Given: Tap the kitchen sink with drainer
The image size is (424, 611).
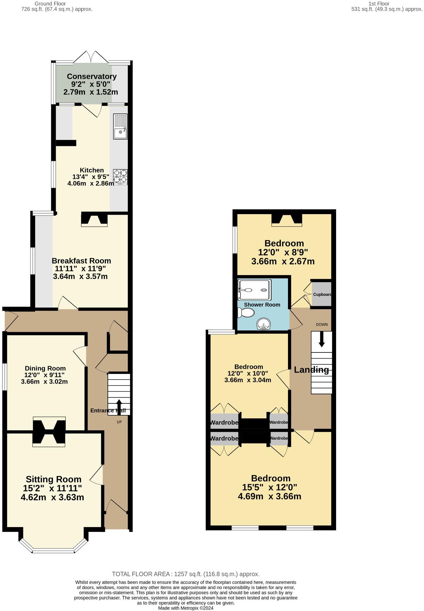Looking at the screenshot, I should click(120, 126).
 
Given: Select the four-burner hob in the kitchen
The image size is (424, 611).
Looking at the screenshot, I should click(120, 177).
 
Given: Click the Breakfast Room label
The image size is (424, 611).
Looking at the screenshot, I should click(81, 261).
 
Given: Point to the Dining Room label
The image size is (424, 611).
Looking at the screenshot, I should click(45, 368).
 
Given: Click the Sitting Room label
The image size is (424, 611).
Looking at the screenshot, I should click(54, 479).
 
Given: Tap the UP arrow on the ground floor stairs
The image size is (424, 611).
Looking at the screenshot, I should click(119, 407).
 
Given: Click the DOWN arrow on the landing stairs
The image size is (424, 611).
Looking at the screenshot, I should click(321, 339).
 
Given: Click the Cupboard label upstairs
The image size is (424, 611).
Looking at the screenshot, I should click(322, 294).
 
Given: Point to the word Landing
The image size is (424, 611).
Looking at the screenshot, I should click(311, 370).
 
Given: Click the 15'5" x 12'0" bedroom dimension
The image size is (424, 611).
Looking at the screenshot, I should click(269, 487).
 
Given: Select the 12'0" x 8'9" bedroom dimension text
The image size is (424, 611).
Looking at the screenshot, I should click(283, 252).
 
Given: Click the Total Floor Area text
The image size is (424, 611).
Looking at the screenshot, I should click(186, 574).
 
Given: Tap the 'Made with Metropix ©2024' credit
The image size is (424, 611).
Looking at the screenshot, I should click(186, 608).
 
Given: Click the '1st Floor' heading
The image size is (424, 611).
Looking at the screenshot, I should click(379, 4).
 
